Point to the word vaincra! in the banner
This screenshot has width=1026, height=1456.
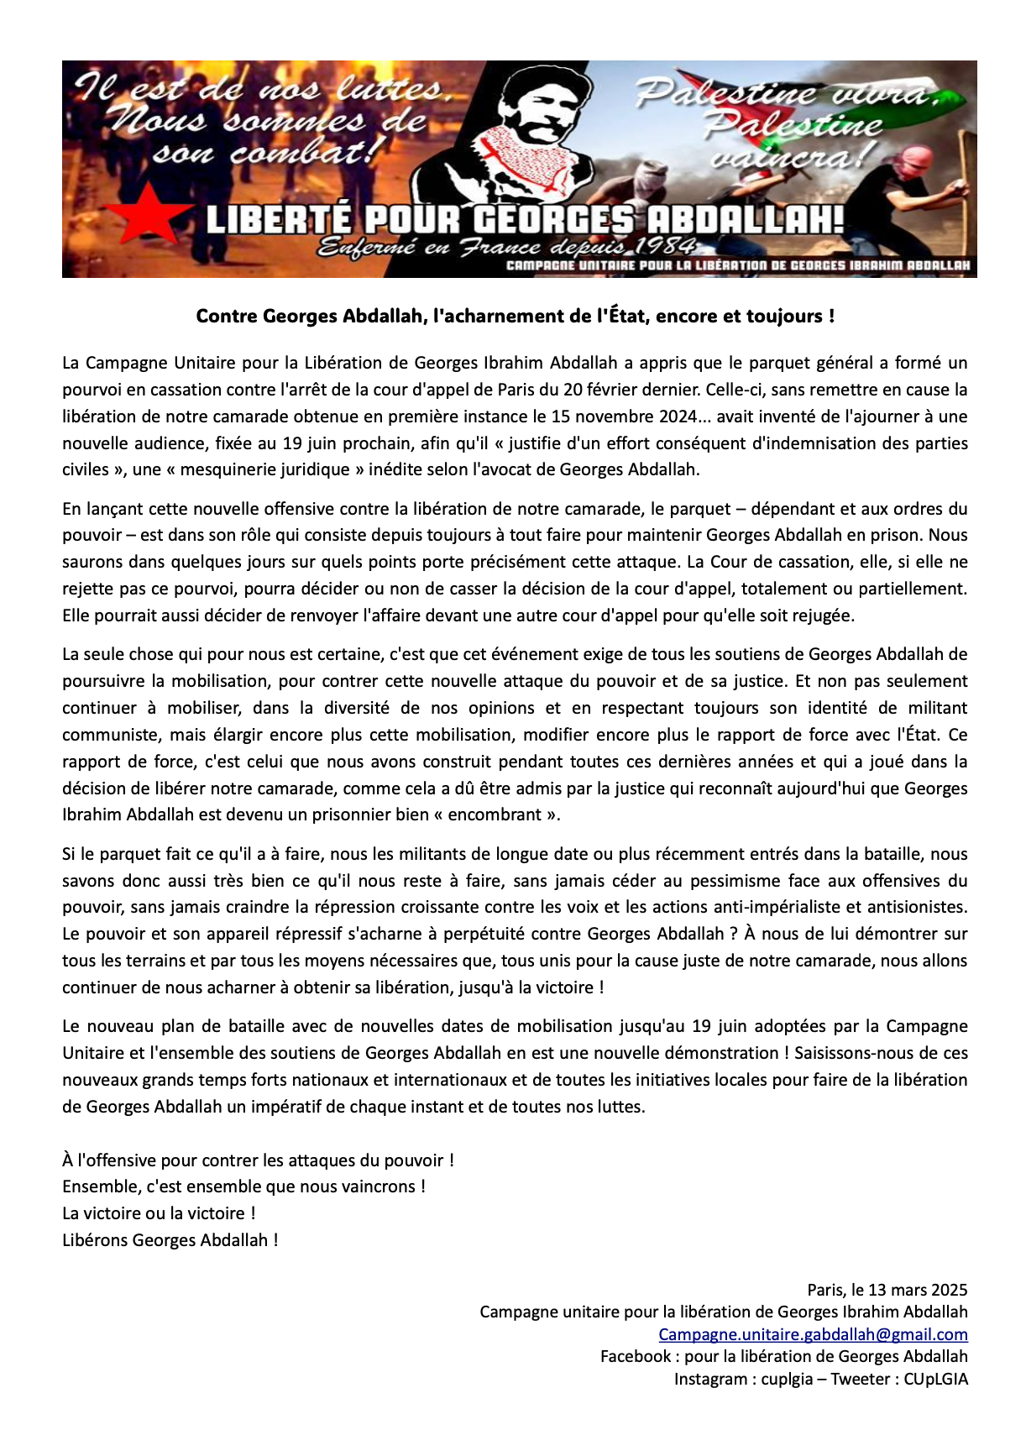[x=788, y=156]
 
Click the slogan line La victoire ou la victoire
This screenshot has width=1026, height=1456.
[x=159, y=1213]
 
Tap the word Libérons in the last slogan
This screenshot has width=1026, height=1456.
[x=96, y=1240]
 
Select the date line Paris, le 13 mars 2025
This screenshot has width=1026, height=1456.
[x=887, y=1291]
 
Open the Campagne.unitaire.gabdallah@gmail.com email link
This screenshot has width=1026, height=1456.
[x=813, y=1335]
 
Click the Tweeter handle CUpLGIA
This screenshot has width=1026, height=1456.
[x=935, y=1379]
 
